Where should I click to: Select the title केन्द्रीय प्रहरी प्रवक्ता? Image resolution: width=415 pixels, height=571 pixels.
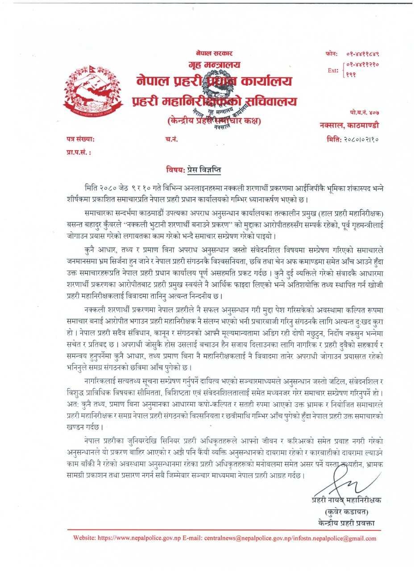click(347, 522)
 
